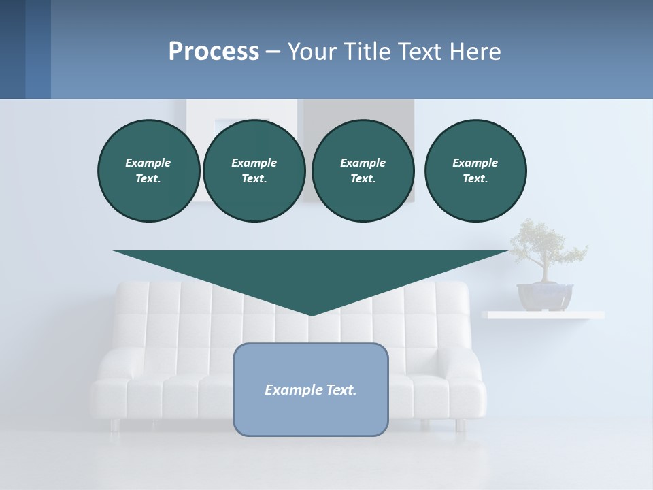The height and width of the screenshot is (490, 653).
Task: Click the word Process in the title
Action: [214, 52]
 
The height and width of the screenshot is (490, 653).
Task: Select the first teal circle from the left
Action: [148, 171]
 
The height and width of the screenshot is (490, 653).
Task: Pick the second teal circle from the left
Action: [254, 171]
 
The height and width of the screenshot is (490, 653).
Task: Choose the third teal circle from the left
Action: [363, 171]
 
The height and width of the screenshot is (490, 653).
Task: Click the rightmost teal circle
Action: [475, 171]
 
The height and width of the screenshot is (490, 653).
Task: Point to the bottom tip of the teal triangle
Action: [311, 314]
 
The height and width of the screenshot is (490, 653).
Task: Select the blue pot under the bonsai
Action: [544, 296]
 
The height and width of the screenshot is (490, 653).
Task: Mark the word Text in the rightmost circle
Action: [474, 179]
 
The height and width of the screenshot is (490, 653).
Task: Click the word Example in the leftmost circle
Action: [148, 163]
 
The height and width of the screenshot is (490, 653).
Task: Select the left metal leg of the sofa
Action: [114, 425]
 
